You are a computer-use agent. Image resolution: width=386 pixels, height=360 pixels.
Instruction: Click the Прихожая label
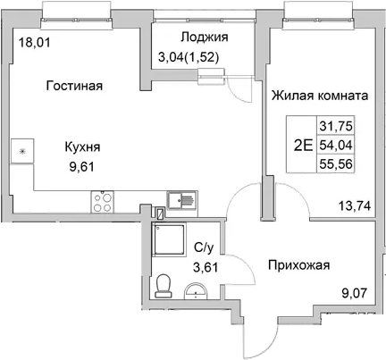pos(300,265)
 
